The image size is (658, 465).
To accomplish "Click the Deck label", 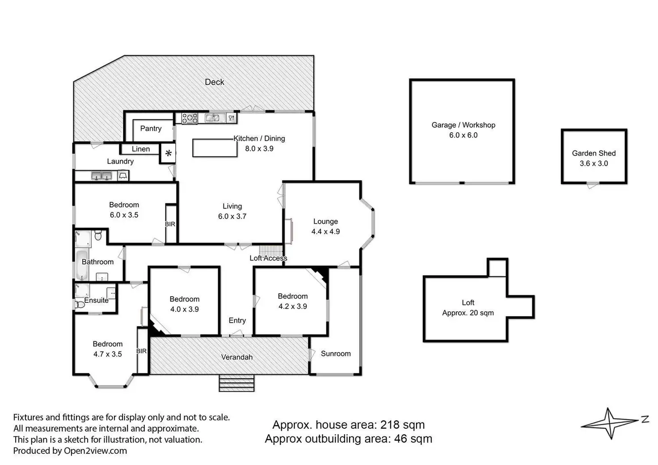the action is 215,82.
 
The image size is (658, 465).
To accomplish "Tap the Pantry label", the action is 151,129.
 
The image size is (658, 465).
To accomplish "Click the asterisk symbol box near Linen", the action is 168,153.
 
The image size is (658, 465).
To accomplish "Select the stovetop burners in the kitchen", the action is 190,118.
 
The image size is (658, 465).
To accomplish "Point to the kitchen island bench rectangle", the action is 215,148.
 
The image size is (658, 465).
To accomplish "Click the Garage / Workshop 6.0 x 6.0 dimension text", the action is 463,135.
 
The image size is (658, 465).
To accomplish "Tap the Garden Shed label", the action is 594,153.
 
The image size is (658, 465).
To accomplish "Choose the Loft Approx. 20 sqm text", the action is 468,308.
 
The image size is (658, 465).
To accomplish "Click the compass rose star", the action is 610,423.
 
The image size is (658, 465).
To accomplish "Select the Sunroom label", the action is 336,353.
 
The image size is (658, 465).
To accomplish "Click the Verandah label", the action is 237,357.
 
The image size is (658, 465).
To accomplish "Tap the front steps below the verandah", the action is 236,383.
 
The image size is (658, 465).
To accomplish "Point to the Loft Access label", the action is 268,258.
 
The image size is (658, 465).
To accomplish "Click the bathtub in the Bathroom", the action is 82,265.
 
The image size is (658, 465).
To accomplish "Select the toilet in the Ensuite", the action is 79,305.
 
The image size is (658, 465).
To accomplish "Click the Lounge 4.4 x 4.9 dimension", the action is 325,231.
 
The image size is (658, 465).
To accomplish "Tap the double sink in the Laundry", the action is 101,176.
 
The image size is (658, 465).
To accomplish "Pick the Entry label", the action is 237,320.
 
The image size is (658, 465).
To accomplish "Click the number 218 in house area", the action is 390,424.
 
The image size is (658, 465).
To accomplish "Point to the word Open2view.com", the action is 96,451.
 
